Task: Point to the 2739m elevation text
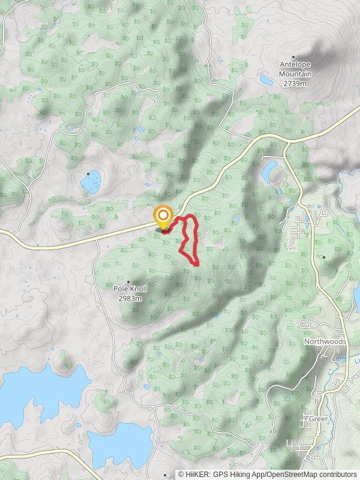(x=295, y=83)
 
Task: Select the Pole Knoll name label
(x=130, y=289)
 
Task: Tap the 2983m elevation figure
(x=130, y=298)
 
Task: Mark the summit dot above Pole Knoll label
(x=128, y=281)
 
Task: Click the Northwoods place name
(x=325, y=341)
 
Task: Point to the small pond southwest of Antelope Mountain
(x=266, y=79)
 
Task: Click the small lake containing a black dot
(x=91, y=181)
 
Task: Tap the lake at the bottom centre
(x=120, y=444)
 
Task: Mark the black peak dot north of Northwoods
(x=324, y=257)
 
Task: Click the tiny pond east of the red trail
(x=238, y=218)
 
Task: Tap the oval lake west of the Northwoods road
(x=269, y=171)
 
